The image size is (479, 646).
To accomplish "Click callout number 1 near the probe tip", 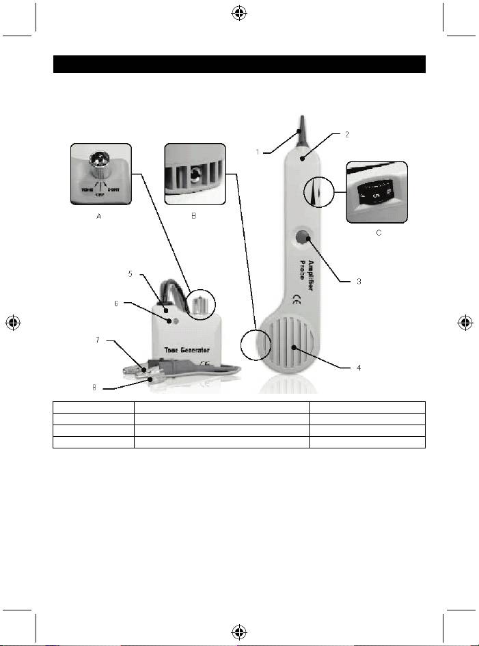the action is pyautogui.click(x=258, y=152).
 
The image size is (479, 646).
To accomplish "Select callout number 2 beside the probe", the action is pyautogui.click(x=346, y=135).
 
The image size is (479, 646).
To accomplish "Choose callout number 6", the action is pyautogui.click(x=117, y=304).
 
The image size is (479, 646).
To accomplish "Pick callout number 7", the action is pyautogui.click(x=98, y=339).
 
